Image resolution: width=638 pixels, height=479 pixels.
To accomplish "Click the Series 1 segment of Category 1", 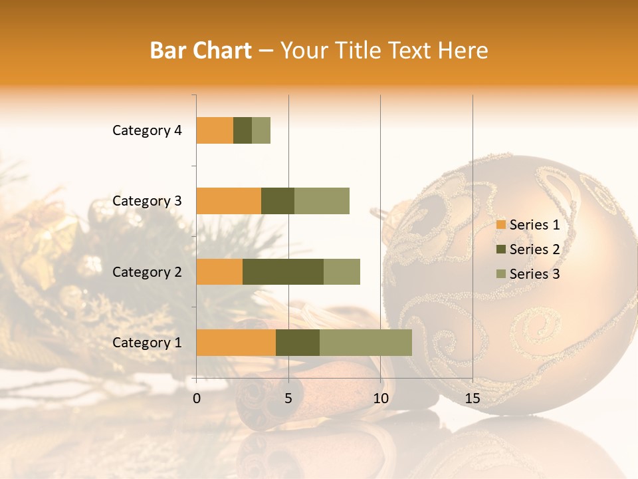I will tap(236, 343).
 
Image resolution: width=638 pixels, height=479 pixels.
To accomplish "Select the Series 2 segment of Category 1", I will tap(298, 343).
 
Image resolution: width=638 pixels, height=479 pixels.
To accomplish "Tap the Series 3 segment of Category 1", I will tap(366, 343).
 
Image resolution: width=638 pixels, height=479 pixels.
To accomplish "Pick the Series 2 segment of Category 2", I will tap(283, 271).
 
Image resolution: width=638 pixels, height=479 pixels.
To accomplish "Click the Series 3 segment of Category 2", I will tap(342, 271).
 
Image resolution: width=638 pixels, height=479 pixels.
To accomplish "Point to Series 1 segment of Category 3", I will tap(229, 201).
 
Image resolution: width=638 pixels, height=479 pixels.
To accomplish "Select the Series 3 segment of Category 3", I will tap(322, 201).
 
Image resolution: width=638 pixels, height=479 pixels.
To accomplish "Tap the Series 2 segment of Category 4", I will tap(243, 130).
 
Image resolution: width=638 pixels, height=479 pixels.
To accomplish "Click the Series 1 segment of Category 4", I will tap(215, 130).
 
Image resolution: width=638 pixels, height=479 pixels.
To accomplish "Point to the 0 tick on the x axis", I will tap(197, 399).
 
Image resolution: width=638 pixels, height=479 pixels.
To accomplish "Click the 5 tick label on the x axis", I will tap(288, 399).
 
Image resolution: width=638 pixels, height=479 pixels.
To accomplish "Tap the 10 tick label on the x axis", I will tap(380, 399).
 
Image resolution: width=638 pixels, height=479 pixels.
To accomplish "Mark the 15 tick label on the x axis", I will tap(473, 399).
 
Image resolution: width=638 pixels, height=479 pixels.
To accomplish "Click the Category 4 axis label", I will tap(147, 130).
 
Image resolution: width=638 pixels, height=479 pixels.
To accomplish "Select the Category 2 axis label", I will tap(147, 271).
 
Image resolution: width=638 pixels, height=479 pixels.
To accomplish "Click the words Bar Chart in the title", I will tap(201, 51).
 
